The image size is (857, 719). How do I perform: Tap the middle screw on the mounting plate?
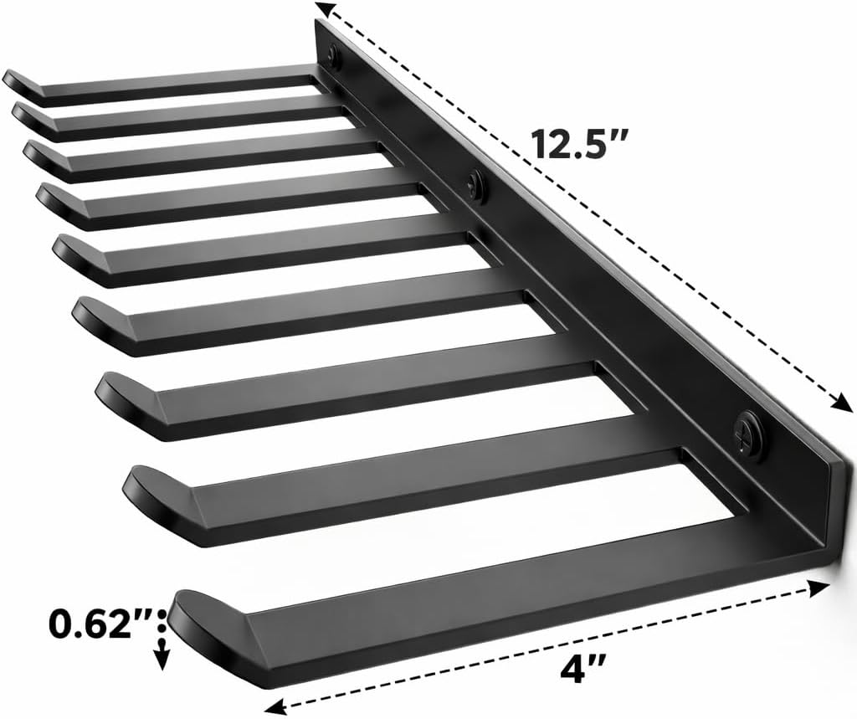point(476,185)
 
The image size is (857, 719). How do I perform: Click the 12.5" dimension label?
point(578,143)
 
